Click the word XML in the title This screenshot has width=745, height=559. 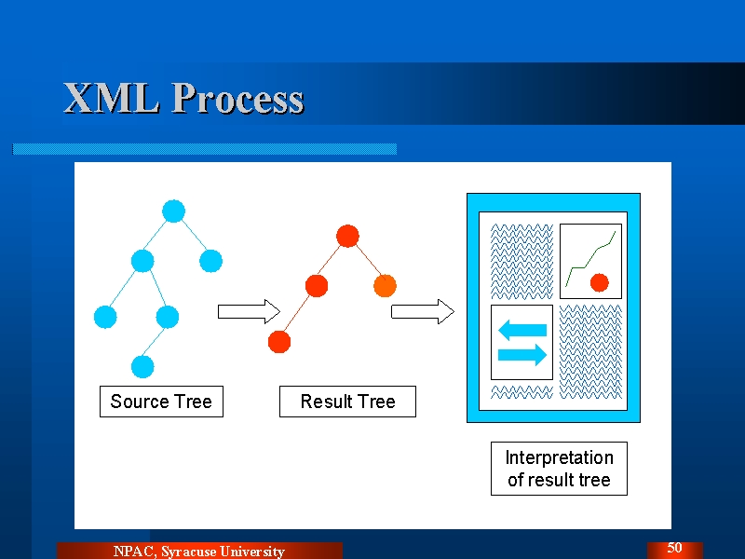click(112, 98)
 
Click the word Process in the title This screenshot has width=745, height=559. click(238, 98)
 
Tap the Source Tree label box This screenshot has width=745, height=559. click(161, 402)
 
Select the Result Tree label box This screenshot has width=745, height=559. click(347, 402)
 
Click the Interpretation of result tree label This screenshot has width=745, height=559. click(560, 469)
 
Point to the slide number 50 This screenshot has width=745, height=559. click(674, 548)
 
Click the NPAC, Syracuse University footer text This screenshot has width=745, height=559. click(199, 552)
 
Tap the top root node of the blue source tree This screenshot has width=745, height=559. click(173, 211)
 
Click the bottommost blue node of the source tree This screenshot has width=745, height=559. click(142, 366)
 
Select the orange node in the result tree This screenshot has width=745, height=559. click(385, 286)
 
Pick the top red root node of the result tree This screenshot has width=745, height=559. click(347, 236)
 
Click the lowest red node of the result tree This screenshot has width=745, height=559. click(279, 342)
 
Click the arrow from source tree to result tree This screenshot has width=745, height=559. click(249, 312)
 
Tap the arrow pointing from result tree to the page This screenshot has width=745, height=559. click(423, 312)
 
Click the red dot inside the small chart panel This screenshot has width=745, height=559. click(600, 282)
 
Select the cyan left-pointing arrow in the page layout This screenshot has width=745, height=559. click(522, 330)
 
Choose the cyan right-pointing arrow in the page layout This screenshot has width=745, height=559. click(522, 355)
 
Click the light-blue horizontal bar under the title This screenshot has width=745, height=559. click(204, 149)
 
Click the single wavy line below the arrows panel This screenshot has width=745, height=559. click(521, 392)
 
